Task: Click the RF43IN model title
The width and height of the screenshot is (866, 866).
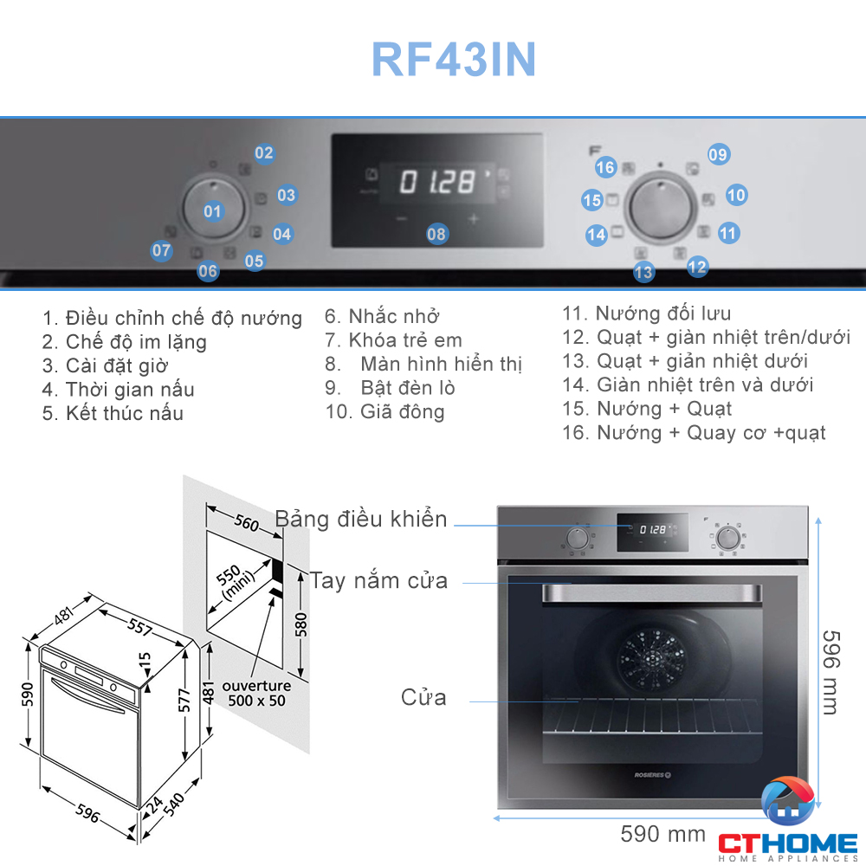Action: click(454, 60)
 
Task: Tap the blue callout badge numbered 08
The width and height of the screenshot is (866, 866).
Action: click(436, 233)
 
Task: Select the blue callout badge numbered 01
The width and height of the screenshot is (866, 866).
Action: click(212, 210)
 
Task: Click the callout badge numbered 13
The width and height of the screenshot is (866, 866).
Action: click(643, 272)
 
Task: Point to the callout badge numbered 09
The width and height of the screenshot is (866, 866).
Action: click(718, 155)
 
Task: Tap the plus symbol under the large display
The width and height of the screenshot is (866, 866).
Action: click(474, 219)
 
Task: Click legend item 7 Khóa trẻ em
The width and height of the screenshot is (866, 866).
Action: click(394, 340)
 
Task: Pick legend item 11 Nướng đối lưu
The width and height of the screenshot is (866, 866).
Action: click(647, 313)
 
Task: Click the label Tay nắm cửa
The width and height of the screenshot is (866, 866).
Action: click(378, 580)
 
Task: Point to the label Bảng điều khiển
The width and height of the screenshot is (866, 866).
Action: click(361, 520)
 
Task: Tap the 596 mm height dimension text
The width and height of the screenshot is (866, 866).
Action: click(829, 671)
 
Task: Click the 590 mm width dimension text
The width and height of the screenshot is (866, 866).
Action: click(663, 834)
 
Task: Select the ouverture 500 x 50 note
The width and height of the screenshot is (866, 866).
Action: click(256, 693)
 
